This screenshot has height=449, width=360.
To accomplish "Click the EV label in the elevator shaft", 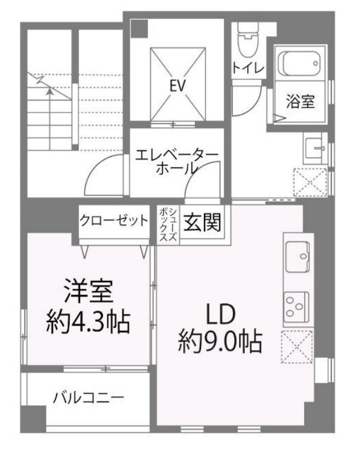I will coord(176,85).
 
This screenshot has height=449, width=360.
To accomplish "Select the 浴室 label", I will coord(299,102).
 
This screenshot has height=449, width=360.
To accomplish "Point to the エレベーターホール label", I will coord(176,161).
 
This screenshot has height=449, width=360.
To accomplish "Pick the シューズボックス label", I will coord(169,224).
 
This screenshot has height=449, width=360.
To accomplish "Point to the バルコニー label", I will coord(88,398).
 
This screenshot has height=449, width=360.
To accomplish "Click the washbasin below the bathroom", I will coord(314,147).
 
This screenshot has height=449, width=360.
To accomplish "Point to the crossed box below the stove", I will coord(298,347).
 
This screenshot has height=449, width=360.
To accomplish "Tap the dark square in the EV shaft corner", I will coord(140,28).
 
